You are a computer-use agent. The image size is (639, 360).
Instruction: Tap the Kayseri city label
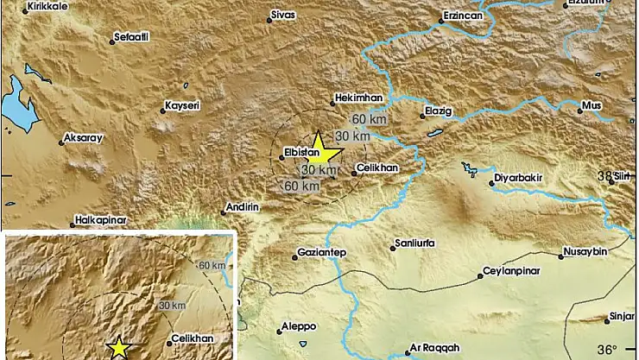[182, 106]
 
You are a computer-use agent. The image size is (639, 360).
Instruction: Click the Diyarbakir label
[518, 182]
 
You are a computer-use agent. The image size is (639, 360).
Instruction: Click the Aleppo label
[300, 327]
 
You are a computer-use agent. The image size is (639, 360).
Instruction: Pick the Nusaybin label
[588, 252]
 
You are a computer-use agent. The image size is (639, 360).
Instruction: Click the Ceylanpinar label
[513, 275]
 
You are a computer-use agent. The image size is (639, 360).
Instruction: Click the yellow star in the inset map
[119, 348]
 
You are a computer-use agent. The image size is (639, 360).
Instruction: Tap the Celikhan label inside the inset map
[193, 339]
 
